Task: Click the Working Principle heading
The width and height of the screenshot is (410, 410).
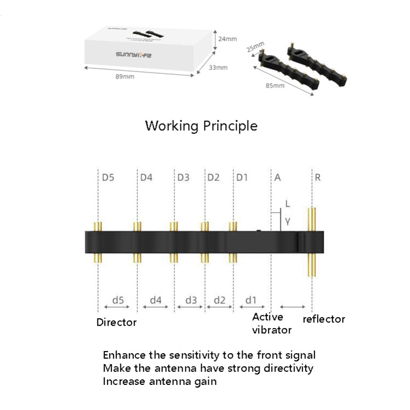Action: click(201, 126)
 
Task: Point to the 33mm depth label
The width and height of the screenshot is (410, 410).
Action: click(219, 67)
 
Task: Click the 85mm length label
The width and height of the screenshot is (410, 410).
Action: click(275, 86)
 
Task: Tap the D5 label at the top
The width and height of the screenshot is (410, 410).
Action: click(108, 177)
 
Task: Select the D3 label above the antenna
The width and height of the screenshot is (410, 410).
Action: click(183, 177)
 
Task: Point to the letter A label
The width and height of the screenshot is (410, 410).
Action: click(278, 177)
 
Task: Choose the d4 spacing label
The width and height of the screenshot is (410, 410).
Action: click(156, 300)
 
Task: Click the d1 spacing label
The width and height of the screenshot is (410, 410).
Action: click(251, 300)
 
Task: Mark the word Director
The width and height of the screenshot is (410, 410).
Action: click(116, 322)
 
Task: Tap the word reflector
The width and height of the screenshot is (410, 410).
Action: click(324, 319)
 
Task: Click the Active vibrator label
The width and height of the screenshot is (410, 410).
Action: click(272, 323)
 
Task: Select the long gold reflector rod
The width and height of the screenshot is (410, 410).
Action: click(313, 243)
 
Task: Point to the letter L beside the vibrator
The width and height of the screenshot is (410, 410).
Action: click(288, 204)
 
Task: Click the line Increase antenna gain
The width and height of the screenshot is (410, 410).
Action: click(160, 381)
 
